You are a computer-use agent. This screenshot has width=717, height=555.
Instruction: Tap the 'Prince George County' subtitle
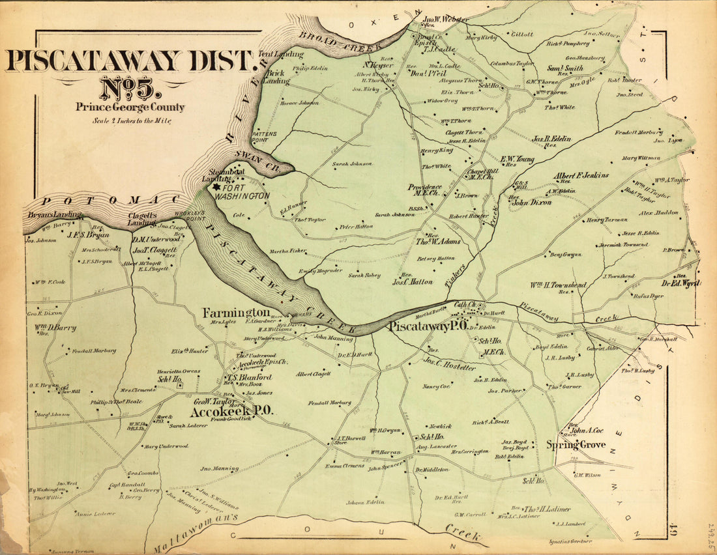pyautogui.click(x=130, y=107)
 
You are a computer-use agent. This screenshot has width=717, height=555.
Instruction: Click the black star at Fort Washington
pyautogui.click(x=216, y=186)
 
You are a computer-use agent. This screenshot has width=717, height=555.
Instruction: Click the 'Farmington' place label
pyautogui.click(x=235, y=313)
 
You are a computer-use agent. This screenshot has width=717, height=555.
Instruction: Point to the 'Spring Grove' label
pyautogui.click(x=576, y=445)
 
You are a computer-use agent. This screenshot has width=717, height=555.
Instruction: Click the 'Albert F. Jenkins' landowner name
pyautogui.click(x=581, y=175)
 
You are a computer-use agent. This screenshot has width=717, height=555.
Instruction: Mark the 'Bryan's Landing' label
pyautogui.click(x=54, y=215)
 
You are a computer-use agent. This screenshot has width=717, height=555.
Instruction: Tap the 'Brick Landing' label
pyautogui.click(x=274, y=77)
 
